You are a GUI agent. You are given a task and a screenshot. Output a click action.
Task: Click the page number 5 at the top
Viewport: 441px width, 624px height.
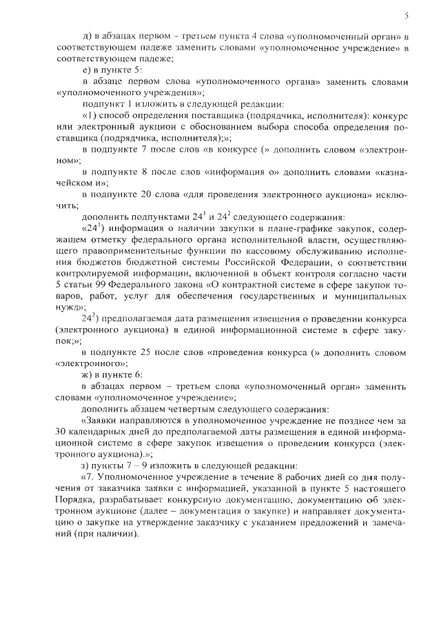pyautogui.click(x=407, y=14)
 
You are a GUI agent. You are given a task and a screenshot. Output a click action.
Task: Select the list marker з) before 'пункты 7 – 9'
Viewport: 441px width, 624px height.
pyautogui.click(x=85, y=465)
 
